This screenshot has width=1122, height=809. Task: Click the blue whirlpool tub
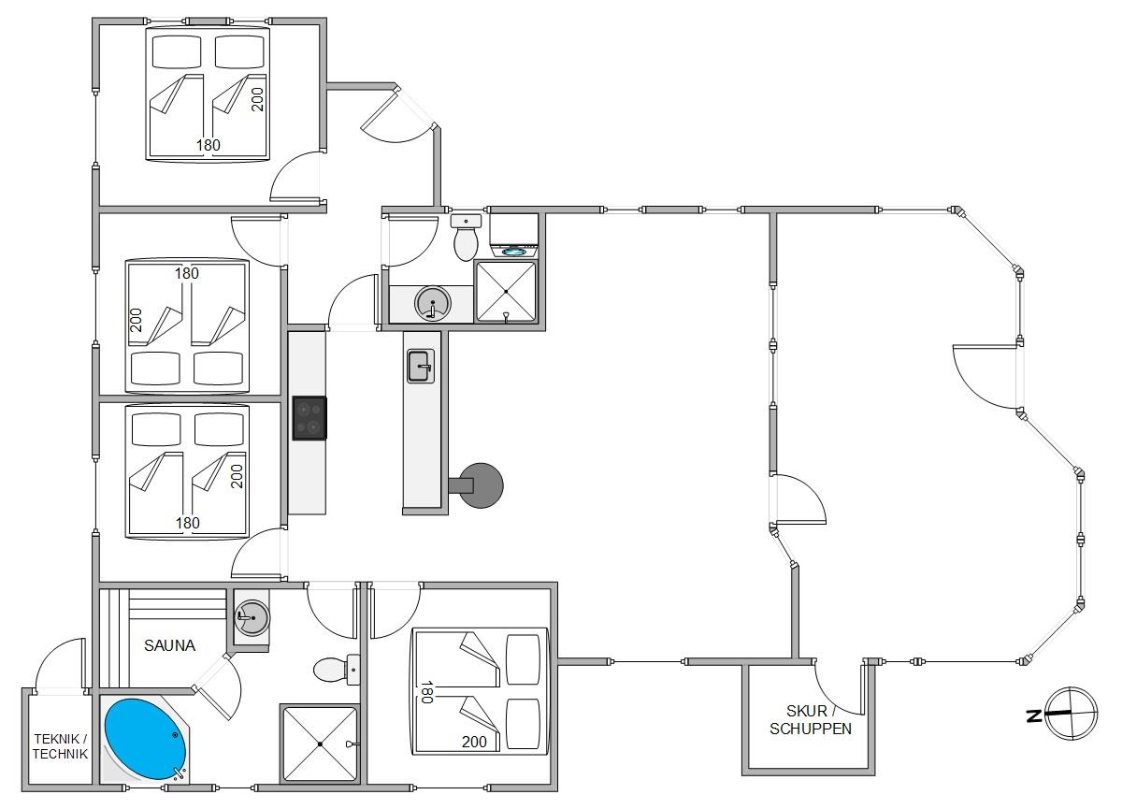145,740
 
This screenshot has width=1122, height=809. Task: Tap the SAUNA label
169,645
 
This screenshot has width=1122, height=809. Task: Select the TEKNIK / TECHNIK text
60,746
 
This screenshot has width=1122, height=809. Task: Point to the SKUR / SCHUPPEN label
811,720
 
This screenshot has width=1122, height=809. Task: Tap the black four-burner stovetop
309,418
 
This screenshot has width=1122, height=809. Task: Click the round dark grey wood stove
481,485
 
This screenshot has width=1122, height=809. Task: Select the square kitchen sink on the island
421,366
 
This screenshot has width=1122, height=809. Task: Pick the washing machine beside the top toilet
514,236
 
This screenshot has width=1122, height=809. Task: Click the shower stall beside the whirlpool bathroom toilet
321,744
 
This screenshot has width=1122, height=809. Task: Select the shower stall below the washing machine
506,292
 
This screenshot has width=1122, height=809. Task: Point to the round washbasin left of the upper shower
433,304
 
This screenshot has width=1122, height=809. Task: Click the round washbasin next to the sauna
252,617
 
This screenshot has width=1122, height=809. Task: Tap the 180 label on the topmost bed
208,145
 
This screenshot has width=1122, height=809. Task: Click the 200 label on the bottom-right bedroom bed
474,742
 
